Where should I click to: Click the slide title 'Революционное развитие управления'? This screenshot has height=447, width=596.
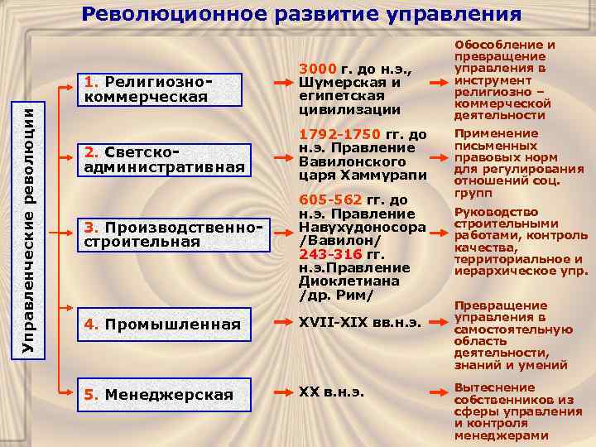coord(301,14)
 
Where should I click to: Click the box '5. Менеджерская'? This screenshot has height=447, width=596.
coord(158,394)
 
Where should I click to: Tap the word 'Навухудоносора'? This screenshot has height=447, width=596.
coord(363,227)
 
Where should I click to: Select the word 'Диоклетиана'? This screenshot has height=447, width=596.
coord(348,281)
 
